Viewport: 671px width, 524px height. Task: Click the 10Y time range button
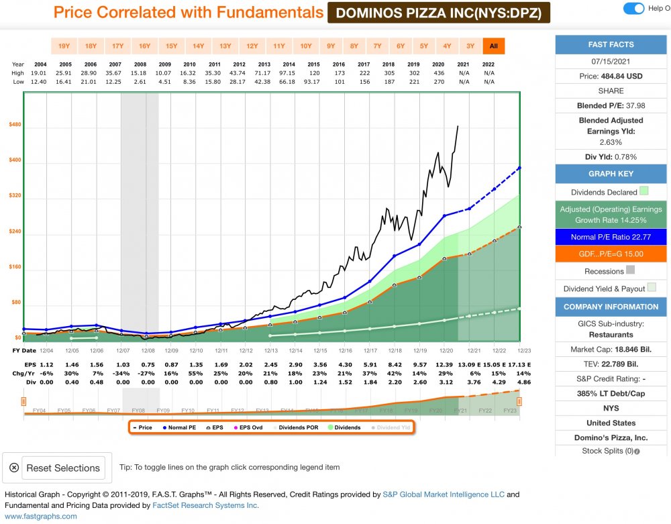pos(306,46)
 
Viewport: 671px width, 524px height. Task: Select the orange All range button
pos(494,46)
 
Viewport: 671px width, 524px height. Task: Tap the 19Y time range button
pos(64,46)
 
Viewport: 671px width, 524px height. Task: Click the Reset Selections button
pos(55,468)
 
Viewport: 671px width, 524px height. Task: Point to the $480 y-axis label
pos(15,125)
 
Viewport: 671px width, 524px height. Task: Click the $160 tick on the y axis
pos(15,267)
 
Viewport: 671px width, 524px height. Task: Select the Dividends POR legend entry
pos(298,427)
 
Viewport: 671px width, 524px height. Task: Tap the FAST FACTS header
pos(611,44)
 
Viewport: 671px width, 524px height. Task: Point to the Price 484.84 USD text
pos(611,76)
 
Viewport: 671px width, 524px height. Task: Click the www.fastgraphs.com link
pos(41,516)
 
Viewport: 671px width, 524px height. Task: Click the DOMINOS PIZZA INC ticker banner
pos(439,12)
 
